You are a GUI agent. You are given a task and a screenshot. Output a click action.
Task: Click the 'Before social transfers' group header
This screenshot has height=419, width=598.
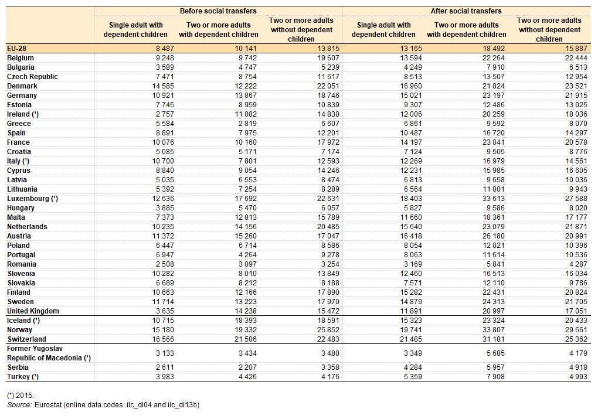coord(218,11)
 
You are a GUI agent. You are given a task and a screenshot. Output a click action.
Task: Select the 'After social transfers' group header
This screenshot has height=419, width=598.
coord(466,11)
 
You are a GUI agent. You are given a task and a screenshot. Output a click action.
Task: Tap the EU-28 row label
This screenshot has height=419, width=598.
coord(17,49)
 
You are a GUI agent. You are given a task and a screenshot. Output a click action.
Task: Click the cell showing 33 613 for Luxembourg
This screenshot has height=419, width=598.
coord(494,199)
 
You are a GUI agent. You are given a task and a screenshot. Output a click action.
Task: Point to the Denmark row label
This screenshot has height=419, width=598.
coord(22,86)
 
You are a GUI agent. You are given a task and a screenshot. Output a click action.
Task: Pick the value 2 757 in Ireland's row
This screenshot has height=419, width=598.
coord(165,114)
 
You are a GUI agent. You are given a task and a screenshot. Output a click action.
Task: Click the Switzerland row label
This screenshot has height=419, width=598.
coord(26,339)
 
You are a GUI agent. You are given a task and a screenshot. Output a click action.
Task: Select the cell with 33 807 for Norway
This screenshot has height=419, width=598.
coord(494,330)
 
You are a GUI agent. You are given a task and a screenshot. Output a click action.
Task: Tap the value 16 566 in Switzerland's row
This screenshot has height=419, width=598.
coord(163,339)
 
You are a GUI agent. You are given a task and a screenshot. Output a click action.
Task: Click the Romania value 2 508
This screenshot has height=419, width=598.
coord(165,264)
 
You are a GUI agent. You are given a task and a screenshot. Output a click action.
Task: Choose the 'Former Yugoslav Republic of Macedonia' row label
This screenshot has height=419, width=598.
coord(49,353)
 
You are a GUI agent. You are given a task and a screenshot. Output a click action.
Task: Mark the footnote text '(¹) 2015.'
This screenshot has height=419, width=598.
coord(21,396)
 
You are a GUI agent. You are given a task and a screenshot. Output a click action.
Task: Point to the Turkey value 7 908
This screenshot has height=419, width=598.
coord(495,377)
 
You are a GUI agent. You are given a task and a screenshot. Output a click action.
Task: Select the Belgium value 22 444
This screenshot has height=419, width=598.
coord(576,58)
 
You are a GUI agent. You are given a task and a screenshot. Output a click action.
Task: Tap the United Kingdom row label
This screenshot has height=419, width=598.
coord(33,311)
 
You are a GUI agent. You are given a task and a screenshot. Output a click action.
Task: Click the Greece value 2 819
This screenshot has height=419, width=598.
coord(247,124)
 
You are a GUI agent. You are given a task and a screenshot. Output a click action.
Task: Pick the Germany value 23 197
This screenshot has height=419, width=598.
coord(494,96)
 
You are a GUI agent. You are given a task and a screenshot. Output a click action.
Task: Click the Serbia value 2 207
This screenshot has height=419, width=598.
coord(247,367)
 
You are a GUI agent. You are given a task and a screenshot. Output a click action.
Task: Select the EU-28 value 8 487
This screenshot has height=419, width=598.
coord(165,49)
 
